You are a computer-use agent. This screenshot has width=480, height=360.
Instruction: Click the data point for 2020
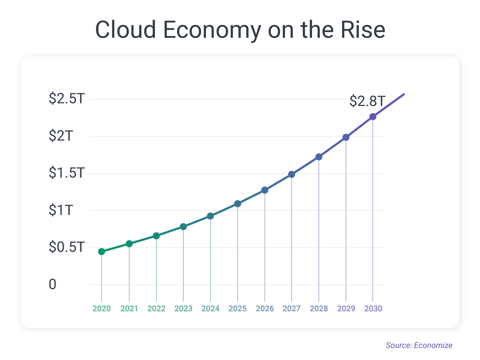click(x=102, y=252)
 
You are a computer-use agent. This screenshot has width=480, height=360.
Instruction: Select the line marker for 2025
click(x=238, y=204)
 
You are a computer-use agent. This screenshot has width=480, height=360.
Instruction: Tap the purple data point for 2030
click(x=373, y=117)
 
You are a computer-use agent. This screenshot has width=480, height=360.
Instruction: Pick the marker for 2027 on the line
click(x=292, y=174)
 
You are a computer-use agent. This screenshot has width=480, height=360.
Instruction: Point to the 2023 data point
click(x=183, y=227)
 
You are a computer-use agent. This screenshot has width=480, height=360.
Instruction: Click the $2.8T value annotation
click(x=367, y=101)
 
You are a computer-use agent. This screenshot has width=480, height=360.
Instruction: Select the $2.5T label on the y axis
click(x=67, y=99)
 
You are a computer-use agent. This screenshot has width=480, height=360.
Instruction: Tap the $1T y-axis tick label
click(x=60, y=210)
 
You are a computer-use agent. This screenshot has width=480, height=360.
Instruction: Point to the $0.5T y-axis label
click(x=67, y=248)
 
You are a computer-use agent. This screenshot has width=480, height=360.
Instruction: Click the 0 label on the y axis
click(x=53, y=285)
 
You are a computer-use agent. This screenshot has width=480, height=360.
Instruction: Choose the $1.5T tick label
click(x=67, y=173)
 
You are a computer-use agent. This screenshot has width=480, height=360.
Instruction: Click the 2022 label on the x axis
click(x=156, y=309)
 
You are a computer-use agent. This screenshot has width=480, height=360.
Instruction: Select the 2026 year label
click(x=265, y=309)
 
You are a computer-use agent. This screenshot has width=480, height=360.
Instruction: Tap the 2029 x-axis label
click(x=346, y=309)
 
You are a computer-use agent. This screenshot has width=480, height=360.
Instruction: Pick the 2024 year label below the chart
click(x=210, y=309)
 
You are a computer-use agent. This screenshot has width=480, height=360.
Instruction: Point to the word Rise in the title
click(x=362, y=30)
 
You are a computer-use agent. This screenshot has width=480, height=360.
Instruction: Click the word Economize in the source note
click(x=434, y=345)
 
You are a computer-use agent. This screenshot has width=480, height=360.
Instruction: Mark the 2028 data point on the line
click(x=319, y=157)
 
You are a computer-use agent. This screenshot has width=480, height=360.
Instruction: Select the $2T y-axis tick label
click(x=60, y=136)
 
